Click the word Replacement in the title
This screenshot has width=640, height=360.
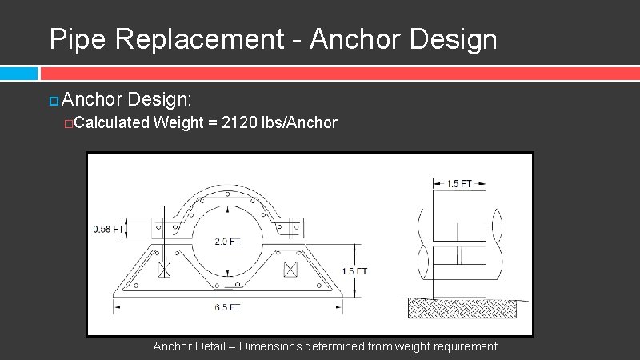click(199, 39)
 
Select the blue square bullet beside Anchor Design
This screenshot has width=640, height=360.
click(54, 101)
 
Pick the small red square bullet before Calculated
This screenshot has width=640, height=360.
click(68, 124)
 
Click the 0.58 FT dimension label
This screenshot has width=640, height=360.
click(108, 229)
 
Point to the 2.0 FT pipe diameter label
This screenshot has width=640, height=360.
click(227, 242)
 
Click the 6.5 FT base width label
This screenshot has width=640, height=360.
click(227, 307)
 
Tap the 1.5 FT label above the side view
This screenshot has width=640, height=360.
click(458, 184)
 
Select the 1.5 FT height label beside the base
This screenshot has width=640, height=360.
click(354, 271)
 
